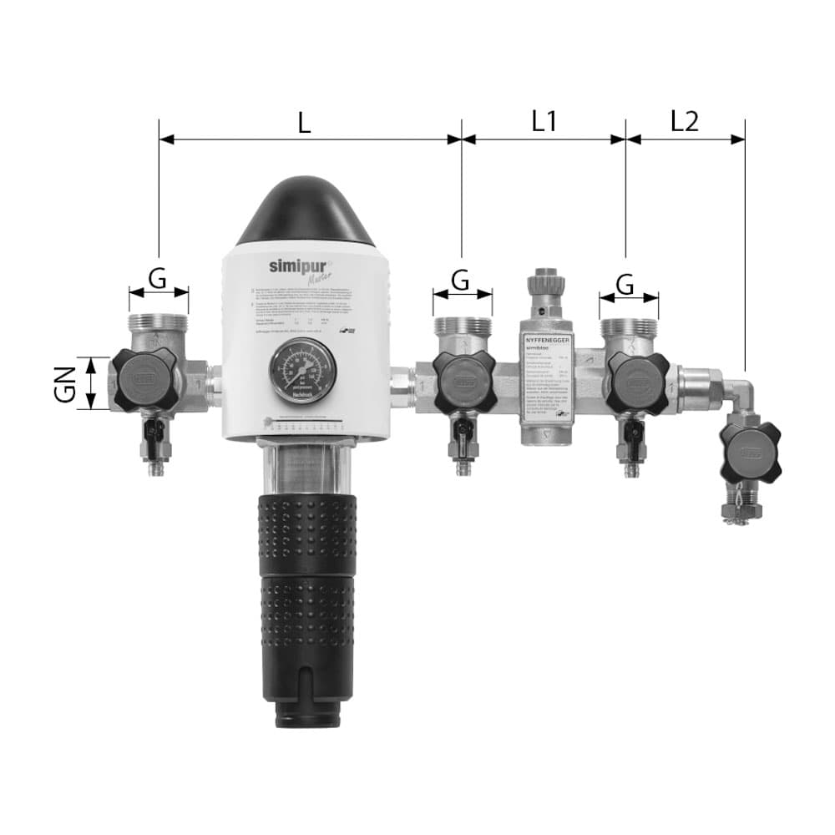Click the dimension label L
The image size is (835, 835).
click(x=305, y=122)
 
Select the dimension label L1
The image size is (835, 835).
click(x=544, y=122)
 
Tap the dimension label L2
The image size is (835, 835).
click(x=685, y=122)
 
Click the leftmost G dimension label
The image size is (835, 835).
click(x=158, y=278)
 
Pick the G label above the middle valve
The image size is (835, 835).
click(x=462, y=281)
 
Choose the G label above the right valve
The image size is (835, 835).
click(x=625, y=284)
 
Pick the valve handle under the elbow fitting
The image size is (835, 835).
click(x=749, y=452)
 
